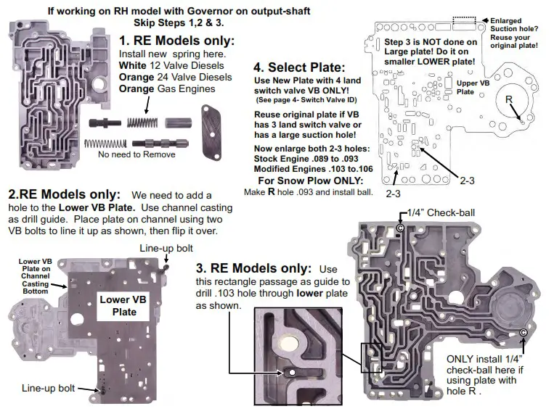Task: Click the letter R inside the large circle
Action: [509, 99]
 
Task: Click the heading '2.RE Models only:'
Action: [65, 195]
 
